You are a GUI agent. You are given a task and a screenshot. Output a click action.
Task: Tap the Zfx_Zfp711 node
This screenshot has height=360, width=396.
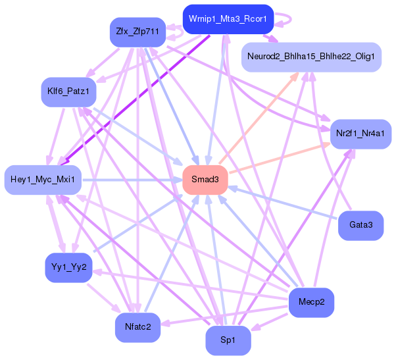click(x=138, y=32)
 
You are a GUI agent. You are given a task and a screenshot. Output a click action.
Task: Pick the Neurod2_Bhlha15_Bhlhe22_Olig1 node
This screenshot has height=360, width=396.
click(x=311, y=57)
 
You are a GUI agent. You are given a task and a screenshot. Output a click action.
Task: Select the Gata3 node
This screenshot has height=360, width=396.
click(x=361, y=225)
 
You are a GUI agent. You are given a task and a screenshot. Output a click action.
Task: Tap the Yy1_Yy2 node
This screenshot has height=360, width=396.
click(x=68, y=267)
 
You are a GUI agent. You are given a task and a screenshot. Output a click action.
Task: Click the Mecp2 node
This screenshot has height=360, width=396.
click(x=312, y=302)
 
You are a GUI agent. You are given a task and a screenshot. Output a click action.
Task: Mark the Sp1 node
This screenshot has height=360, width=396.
click(x=228, y=340)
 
